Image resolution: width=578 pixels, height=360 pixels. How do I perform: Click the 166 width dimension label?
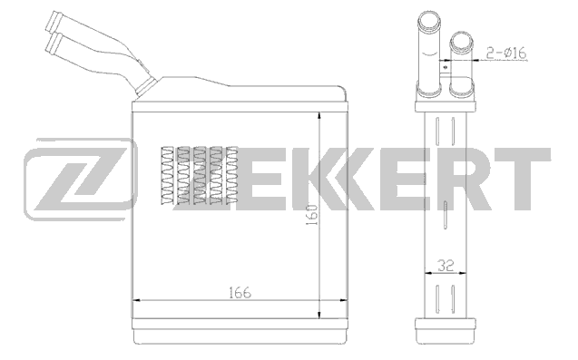(x=240, y=293)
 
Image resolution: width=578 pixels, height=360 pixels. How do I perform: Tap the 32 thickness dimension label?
(x=446, y=266)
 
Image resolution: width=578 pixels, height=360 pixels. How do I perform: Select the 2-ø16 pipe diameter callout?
(x=506, y=54)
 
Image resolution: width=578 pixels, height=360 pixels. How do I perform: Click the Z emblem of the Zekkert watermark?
(x=80, y=180)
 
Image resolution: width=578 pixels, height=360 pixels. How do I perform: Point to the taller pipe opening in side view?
(x=428, y=20)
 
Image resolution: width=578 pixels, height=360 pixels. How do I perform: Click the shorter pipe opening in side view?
(x=461, y=41)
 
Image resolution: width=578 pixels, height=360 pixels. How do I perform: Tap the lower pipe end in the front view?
(x=53, y=44)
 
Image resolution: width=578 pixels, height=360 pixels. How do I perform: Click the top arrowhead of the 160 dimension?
(x=319, y=117)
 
